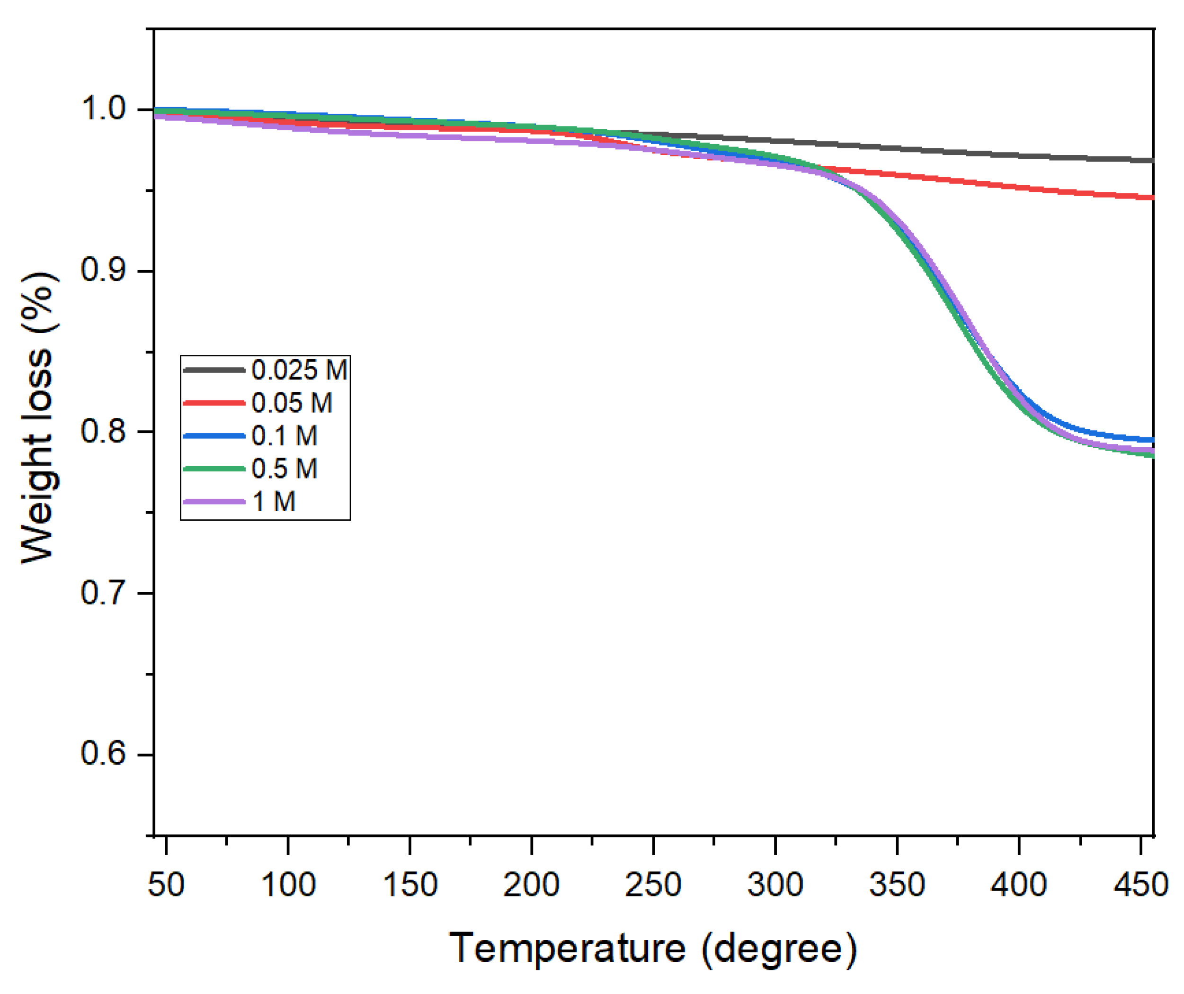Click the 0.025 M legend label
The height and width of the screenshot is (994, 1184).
click(299, 370)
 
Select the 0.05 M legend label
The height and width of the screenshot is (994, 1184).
click(292, 403)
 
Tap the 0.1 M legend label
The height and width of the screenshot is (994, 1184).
click(284, 436)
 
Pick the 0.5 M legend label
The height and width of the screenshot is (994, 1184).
click(284, 469)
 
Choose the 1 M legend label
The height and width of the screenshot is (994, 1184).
click(274, 502)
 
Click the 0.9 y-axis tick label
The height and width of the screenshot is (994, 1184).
click(103, 270)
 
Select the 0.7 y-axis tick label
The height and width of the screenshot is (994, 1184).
click(103, 593)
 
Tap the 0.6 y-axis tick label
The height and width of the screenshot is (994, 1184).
click(103, 754)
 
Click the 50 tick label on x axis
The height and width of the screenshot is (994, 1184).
click(166, 885)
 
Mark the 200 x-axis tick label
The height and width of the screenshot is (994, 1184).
click(531, 885)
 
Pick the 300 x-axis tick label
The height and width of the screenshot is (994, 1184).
click(775, 885)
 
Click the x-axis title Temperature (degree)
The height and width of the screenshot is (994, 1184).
click(653, 949)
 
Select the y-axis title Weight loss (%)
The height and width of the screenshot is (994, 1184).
click(38, 417)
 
